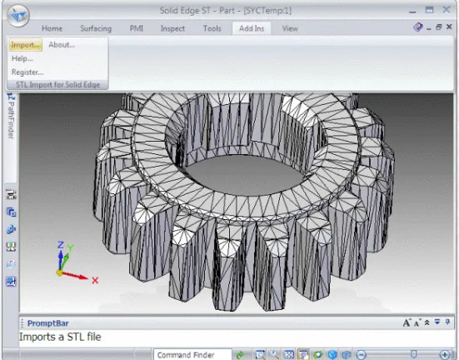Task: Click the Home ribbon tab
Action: coord(52,28)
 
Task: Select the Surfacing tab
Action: coord(96,28)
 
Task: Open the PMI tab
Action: coord(137,28)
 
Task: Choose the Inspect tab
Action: coord(172,28)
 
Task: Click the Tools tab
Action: coord(212,28)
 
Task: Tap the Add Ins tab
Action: coord(252,28)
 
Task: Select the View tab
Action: coord(290,28)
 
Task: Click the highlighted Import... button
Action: coord(25,45)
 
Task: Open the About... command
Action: coord(62,45)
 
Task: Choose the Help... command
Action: coord(22,58)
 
